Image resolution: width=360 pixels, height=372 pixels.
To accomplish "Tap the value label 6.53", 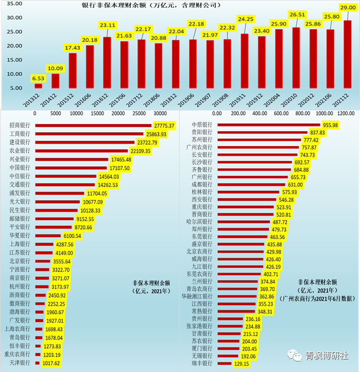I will point(38,77).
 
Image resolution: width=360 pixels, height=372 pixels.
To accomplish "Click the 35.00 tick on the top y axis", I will point(15,4).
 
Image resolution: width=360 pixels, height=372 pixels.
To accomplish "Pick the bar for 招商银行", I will point(93,125).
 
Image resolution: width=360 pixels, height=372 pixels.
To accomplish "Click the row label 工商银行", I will point(20,134).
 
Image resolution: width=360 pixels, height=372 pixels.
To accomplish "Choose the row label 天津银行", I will point(20,363).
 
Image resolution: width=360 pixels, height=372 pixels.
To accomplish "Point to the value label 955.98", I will point(337,125).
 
